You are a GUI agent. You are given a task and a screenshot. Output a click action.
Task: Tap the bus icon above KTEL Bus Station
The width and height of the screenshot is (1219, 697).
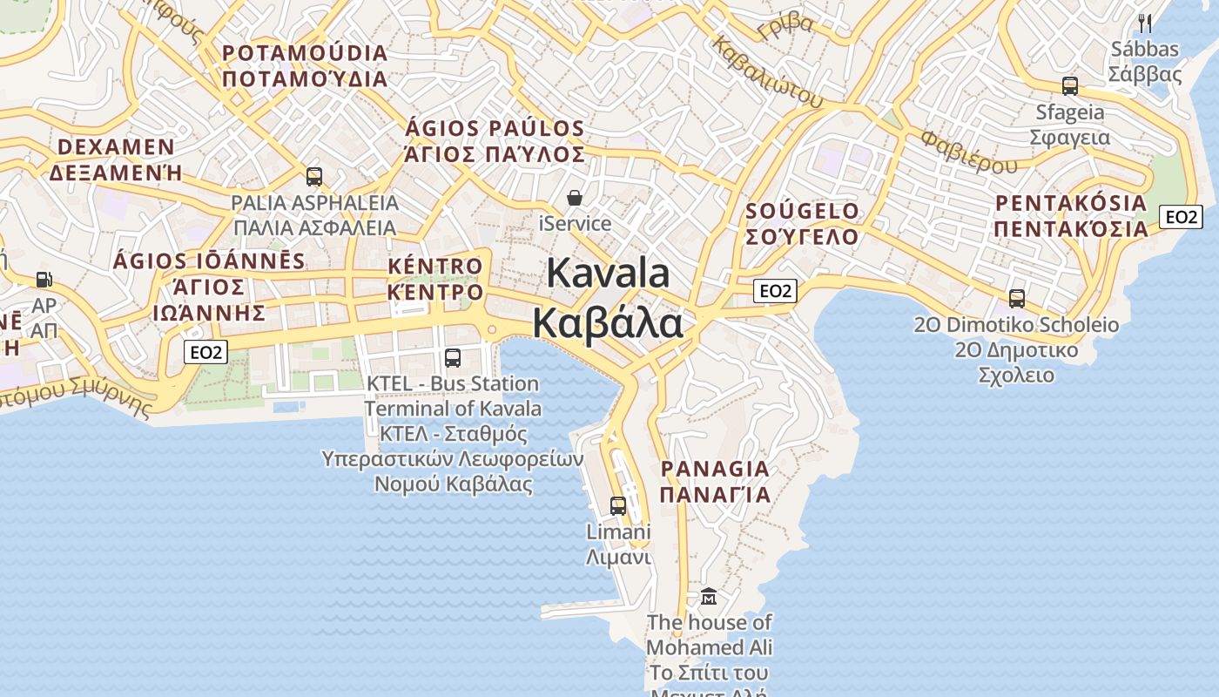pos(453,357)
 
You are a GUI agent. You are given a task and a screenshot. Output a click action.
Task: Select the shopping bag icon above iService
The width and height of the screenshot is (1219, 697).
pos(575,198)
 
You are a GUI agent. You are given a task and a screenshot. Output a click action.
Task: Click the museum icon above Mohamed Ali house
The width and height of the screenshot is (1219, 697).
pos(709,597)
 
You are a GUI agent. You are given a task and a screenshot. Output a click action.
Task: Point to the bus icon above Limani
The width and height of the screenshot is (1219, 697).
pos(618,505)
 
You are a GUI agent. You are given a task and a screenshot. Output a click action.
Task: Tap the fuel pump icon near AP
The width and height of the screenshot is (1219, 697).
pos(44,280)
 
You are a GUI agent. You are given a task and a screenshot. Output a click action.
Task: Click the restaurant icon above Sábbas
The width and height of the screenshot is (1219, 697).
pos(1145,24)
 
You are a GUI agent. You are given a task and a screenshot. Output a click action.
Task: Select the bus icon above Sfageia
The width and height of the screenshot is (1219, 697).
pos(1070,86)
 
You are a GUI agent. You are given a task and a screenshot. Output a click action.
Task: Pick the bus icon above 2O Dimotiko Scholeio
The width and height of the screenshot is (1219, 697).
pos(1016,299)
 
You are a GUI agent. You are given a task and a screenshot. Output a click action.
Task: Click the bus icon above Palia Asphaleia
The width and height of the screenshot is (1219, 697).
pos(314,177)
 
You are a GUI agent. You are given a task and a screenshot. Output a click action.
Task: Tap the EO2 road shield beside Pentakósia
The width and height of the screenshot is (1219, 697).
pos(1181,217)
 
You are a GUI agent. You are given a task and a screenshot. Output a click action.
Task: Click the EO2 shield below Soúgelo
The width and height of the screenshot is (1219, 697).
pos(774,291)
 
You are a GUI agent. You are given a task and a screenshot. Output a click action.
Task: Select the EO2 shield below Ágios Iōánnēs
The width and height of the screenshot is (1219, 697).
pos(206,352)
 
